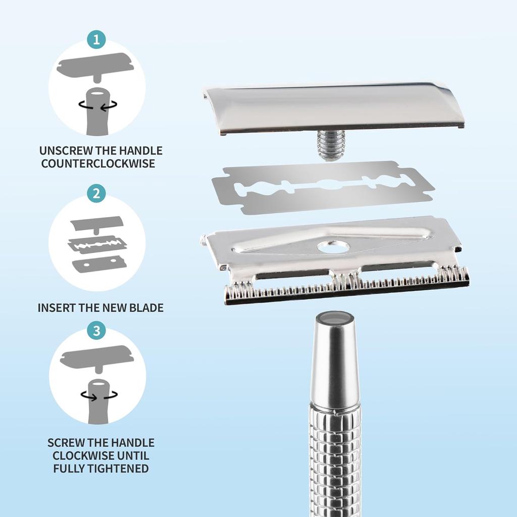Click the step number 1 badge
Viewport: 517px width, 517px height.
pyautogui.click(x=96, y=39)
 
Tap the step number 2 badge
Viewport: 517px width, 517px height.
pyautogui.click(x=96, y=193)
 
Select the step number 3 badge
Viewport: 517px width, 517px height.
pyautogui.click(x=96, y=330)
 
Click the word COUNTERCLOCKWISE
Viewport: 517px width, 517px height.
pyautogui.click(x=98, y=164)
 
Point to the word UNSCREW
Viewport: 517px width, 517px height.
pyautogui.click(x=66, y=150)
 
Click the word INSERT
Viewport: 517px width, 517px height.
pyautogui.click(x=57, y=307)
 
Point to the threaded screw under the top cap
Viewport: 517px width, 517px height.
pyautogui.click(x=331, y=145)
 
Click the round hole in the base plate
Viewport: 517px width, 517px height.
pyautogui.click(x=334, y=247)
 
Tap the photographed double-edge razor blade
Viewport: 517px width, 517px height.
pyautogui.click(x=323, y=187)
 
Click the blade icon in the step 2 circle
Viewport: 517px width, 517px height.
pyautogui.click(x=97, y=245)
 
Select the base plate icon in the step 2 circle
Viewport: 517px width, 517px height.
pyautogui.click(x=99, y=265)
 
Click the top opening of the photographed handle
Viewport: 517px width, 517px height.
pyautogui.click(x=335, y=318)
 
